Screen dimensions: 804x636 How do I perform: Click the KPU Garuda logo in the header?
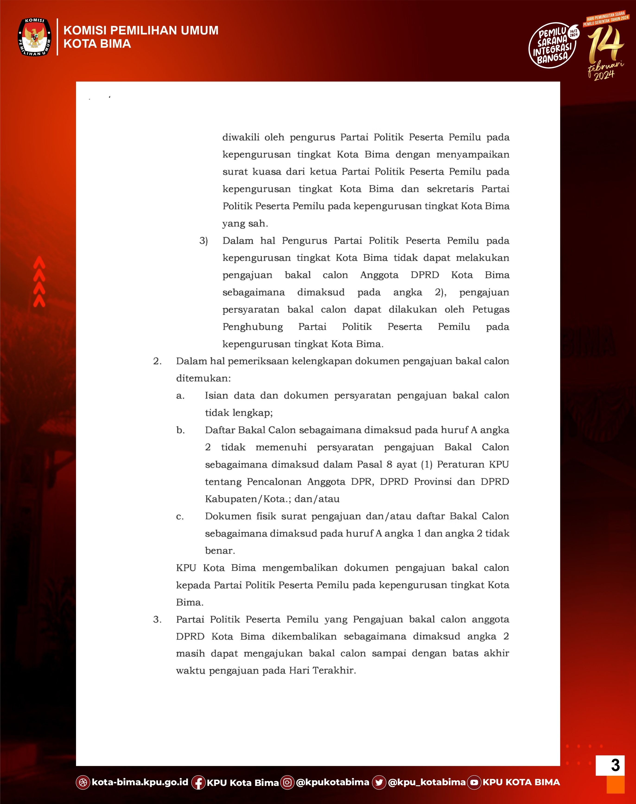pos(35,37)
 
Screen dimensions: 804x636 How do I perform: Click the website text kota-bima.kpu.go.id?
pos(140,782)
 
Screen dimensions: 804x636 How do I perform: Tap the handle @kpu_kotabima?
pos(426,782)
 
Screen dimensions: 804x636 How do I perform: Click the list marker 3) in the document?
pos(203,241)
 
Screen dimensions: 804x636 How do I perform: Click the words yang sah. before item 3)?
pos(245,224)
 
